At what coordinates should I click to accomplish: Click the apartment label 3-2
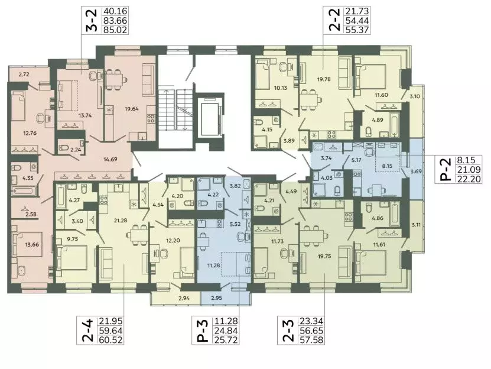coord(91,20)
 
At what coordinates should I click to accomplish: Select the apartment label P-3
coord(203,331)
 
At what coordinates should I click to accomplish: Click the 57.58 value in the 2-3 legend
coord(311,340)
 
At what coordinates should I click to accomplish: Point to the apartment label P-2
coord(446,170)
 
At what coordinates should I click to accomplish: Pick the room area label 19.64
coord(131,109)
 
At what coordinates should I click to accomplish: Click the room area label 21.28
coord(121,221)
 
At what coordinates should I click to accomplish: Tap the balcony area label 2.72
coord(24,75)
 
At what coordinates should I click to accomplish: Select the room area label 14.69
coord(110,159)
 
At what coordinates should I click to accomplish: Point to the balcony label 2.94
coord(184,298)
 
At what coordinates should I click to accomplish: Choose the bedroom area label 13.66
coord(32,244)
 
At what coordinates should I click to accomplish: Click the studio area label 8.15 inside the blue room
coord(387,166)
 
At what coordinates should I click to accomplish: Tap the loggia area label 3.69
coord(416,171)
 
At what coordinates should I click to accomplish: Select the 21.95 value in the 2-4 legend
coord(111,321)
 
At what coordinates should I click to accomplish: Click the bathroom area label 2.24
coord(76,150)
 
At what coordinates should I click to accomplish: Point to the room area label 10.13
coord(280,88)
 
